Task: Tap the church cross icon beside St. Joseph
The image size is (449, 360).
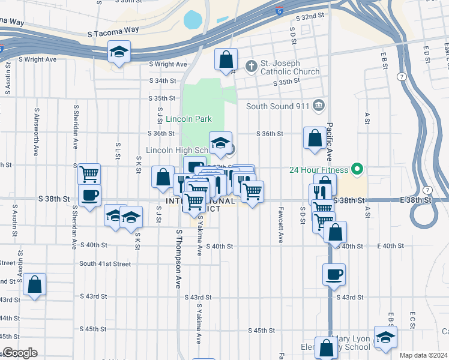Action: click(x=252, y=65)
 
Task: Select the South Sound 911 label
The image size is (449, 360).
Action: click(x=278, y=106)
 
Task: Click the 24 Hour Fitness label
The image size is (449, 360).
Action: click(x=319, y=169)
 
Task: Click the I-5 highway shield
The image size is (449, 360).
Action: click(x=280, y=10)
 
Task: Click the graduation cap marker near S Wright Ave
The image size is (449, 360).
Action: click(x=119, y=53)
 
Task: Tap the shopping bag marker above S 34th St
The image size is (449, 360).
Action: click(x=226, y=60)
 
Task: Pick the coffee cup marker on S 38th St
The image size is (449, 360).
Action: click(x=89, y=195)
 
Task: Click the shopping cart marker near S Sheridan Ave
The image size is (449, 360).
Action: click(x=89, y=174)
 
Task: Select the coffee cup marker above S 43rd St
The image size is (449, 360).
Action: click(x=334, y=275)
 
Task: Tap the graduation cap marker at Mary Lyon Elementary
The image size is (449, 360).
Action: click(x=385, y=337)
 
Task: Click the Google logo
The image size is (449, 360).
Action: click(x=20, y=353)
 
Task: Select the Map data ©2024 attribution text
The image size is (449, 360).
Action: click(x=423, y=355)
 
